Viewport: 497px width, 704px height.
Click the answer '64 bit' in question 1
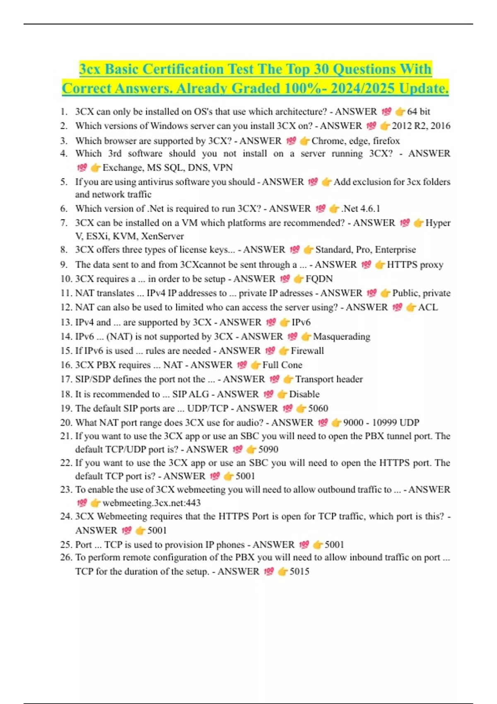tap(418, 112)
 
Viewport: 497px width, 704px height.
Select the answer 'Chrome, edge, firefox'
tap(355, 141)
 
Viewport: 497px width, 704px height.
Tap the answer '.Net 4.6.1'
tap(361, 209)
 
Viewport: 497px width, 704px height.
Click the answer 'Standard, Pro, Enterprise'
tap(365, 250)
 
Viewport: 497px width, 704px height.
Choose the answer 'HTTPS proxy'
tap(415, 265)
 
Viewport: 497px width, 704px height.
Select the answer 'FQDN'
tap(319, 279)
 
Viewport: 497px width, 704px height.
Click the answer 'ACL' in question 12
tap(428, 307)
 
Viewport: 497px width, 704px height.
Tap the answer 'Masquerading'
tap(341, 337)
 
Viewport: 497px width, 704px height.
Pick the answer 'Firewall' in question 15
tap(307, 351)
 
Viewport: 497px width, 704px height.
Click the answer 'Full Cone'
tap(282, 365)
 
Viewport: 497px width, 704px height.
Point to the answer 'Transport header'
tap(329, 379)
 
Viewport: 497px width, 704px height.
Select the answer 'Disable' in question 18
tap(304, 394)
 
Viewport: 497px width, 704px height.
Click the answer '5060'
tap(318, 409)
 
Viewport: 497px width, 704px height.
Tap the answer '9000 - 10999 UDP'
tap(381, 423)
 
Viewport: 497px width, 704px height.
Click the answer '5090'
tap(268, 450)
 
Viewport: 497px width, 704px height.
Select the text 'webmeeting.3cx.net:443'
tap(152, 503)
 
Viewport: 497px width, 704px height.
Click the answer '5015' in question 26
tap(299, 572)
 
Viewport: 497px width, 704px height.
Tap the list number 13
tap(66, 323)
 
